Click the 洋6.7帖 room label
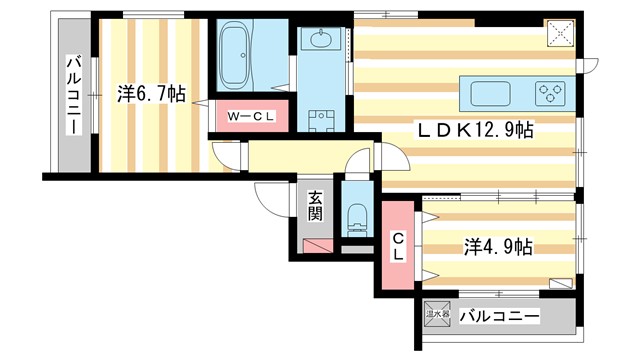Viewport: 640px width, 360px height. (151, 94)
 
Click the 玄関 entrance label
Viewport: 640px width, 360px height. (315, 207)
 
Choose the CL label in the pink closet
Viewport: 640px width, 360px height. (398, 246)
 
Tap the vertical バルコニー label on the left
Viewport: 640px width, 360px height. (74, 94)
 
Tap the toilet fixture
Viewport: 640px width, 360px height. (355, 216)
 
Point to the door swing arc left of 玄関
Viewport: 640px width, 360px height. (272, 200)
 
